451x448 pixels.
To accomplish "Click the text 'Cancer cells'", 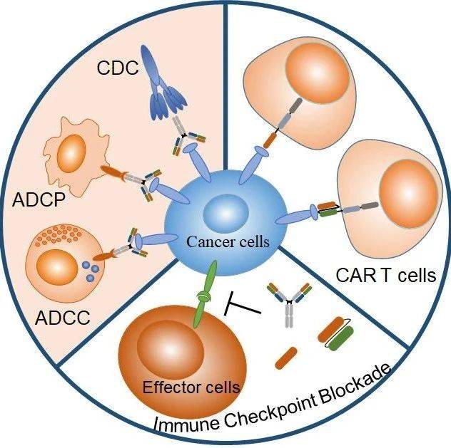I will coord(228,242).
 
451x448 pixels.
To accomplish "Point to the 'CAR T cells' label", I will coord(385,274).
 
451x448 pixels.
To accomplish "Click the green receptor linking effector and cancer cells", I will coord(208,293).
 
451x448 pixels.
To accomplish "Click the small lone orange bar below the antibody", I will coord(286,357).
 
